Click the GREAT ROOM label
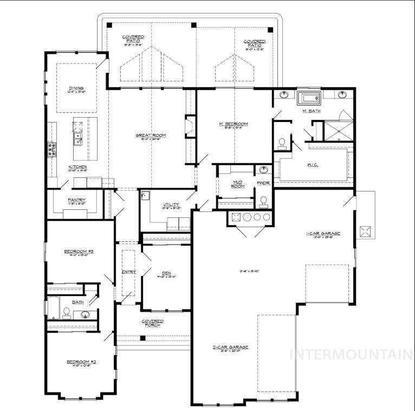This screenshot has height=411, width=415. (151, 135)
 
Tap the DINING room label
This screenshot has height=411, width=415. (76, 88)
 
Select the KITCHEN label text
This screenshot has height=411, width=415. (76, 167)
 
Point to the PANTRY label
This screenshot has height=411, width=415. (76, 200)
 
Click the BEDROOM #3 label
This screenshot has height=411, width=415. (79, 251)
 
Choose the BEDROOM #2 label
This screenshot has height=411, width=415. (81, 362)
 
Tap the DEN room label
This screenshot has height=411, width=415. (166, 273)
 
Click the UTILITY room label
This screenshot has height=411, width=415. (171, 205)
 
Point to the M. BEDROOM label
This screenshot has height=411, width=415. (234, 124)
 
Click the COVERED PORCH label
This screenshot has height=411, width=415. (153, 323)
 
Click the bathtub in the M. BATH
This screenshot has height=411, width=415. (309, 98)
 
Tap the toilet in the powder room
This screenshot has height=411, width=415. (263, 202)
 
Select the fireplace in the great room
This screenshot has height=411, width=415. (189, 127)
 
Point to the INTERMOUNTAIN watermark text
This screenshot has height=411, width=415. (351, 355)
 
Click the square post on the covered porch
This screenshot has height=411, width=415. (142, 338)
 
